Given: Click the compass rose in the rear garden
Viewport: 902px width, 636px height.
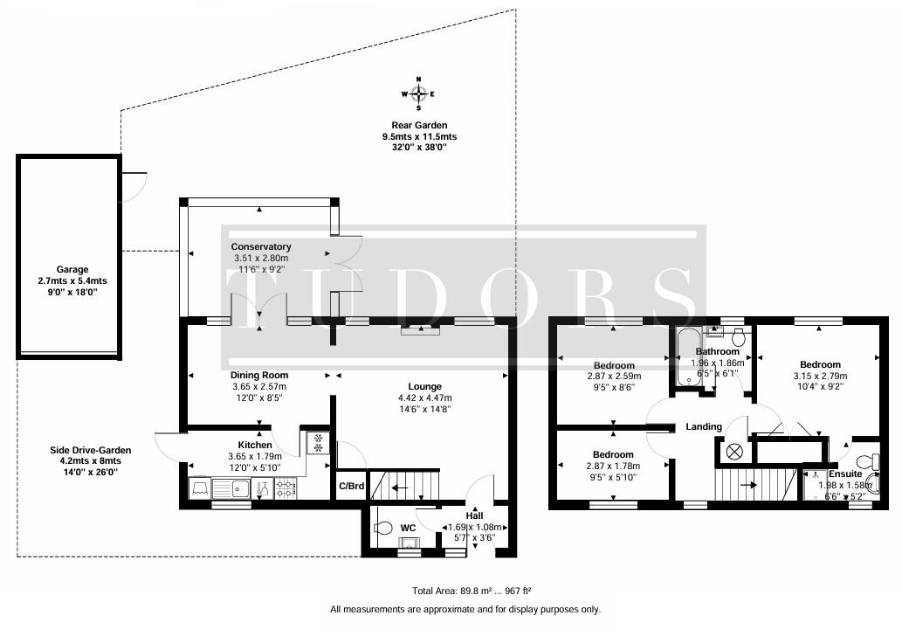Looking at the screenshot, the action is click(419, 93).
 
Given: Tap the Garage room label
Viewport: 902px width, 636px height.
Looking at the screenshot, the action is click(67, 270).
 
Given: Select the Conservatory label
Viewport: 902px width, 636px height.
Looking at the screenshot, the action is click(261, 247).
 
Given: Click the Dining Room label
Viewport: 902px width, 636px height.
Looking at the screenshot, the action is click(259, 376).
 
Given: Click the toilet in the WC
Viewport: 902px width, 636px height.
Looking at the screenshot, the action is click(382, 528).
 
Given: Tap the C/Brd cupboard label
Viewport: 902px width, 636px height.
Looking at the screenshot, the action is click(351, 487).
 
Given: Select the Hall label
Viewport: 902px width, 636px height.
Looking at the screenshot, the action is click(474, 515).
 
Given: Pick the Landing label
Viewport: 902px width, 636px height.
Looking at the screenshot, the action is click(704, 426).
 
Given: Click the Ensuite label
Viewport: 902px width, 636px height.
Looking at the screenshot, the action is click(845, 474).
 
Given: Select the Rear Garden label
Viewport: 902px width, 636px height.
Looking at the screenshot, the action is click(419, 126).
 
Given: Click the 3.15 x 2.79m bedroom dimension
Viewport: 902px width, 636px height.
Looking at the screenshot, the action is click(819, 376).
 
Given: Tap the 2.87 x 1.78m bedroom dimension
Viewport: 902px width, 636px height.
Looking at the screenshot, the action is click(613, 467).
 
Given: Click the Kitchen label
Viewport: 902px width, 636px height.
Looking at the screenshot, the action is click(259, 445).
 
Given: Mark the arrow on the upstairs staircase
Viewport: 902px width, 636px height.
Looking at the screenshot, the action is click(747, 483).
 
